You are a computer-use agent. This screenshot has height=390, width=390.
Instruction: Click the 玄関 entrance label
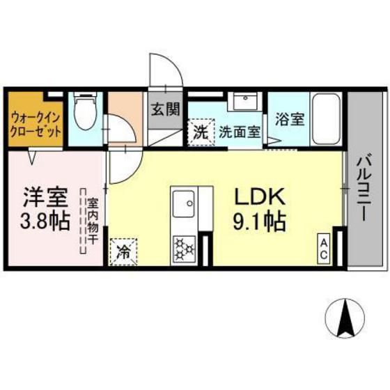166,109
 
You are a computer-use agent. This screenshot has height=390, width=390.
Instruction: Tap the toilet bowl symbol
86,111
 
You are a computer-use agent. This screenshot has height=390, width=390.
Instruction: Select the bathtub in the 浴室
326,119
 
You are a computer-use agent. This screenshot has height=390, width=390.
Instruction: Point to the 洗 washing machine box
201,132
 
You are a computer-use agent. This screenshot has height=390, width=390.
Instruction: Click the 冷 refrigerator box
123,251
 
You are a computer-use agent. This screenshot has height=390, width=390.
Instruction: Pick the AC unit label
324,248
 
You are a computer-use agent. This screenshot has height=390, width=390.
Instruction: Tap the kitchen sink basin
184,203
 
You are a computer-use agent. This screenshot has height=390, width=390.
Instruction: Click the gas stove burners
184,249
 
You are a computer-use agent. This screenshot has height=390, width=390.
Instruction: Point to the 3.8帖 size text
45,221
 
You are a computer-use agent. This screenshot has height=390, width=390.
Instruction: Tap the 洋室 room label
45,198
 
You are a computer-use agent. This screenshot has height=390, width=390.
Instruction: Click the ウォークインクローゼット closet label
36,125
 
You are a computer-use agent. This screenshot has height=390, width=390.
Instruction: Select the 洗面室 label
240,132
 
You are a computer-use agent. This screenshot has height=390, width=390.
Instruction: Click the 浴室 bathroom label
290,119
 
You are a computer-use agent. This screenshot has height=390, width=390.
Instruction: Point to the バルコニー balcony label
365,188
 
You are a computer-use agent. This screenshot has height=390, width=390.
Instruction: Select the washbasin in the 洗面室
245,101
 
